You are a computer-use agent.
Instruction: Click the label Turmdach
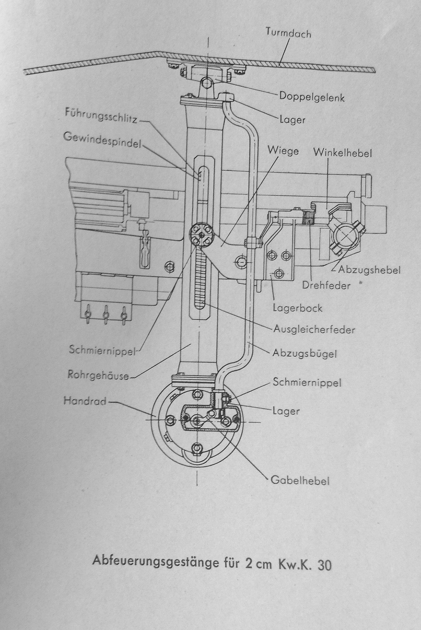click(288, 33)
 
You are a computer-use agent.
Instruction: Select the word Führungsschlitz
click(101, 114)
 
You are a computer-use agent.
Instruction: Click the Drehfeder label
click(326, 285)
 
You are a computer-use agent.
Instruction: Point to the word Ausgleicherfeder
click(314, 330)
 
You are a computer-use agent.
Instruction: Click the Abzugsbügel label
click(305, 353)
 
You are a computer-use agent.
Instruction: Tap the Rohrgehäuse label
click(98, 376)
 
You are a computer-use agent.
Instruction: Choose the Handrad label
click(85, 401)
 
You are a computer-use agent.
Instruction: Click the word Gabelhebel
click(300, 480)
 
